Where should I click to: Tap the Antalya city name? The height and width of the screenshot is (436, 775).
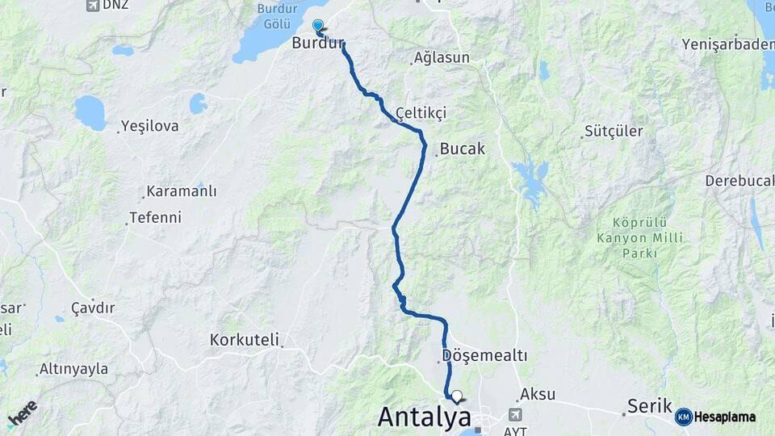tap(424, 417)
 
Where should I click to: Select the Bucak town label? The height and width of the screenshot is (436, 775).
tap(463, 149)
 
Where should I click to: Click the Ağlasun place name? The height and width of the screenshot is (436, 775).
tap(441, 58)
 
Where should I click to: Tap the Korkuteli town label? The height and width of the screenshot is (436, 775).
tap(244, 340)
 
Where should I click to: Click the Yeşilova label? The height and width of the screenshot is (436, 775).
tap(150, 126)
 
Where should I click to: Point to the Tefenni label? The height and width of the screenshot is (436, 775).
tap(156, 218)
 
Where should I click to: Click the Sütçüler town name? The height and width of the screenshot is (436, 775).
tap(614, 132)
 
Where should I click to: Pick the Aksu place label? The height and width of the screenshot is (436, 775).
tap(538, 394)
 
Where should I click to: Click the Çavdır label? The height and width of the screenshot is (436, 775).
tap(94, 308)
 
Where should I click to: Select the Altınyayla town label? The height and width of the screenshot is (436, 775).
tap(74, 369)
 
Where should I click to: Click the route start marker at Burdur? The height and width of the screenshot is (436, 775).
tap(318, 26)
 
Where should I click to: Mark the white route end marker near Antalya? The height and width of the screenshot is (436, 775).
tap(457, 396)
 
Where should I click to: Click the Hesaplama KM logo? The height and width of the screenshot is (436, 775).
tap(715, 417)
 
